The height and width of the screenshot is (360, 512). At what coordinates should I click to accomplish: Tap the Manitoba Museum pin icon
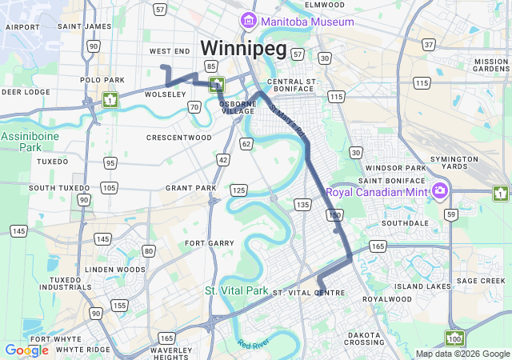coord(249,21)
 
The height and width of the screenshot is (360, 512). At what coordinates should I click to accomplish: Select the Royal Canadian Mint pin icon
coord(438,190)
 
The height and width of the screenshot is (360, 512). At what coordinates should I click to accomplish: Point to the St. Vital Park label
coord(236,290)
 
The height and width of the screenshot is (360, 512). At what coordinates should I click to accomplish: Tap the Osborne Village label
coord(237,107)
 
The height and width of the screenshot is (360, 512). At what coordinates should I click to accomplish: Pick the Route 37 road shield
coord(429,45)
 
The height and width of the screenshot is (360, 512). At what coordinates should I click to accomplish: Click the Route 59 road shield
coord(451,214)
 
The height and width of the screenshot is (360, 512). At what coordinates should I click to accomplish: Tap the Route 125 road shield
coord(238,190)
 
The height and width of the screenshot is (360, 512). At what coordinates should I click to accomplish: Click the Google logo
coord(26,350)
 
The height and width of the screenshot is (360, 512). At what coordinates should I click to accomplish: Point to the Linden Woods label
coord(115,270)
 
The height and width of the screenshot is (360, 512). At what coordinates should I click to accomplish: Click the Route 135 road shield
coord(302,205)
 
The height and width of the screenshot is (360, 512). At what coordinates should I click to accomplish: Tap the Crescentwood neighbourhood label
coord(179,138)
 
